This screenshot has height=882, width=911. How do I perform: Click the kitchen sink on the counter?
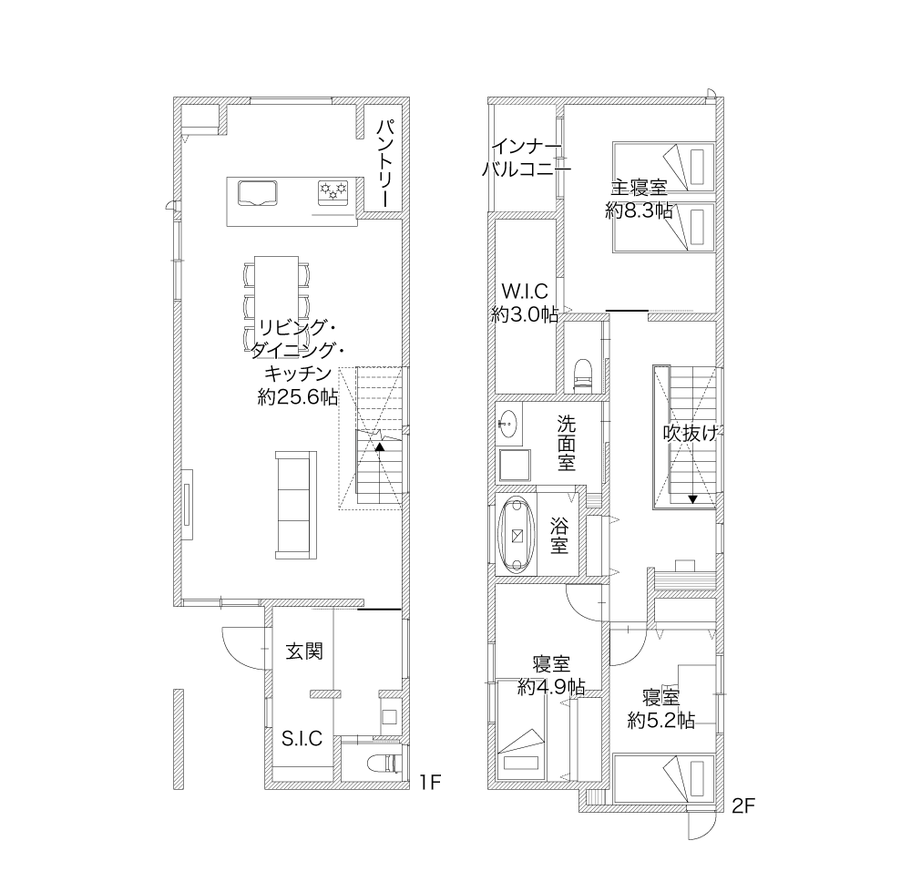257,193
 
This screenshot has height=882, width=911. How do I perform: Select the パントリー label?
385,163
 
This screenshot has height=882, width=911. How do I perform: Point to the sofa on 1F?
296,505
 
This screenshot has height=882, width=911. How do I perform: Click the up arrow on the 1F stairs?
379,447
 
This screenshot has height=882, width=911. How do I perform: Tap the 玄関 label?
304,651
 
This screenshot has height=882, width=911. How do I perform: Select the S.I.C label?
302,738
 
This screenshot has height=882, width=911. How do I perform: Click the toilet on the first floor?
385,763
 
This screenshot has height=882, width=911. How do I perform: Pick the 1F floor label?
431,783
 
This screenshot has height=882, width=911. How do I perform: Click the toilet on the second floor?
582,374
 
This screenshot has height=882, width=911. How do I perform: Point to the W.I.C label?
525,291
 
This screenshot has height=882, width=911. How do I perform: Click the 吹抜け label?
691,433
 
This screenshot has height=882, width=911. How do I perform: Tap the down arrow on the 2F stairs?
692,499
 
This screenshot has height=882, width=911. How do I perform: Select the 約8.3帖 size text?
639,210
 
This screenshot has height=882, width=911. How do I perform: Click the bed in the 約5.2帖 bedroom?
663,778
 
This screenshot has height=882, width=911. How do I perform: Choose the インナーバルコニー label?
527,158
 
